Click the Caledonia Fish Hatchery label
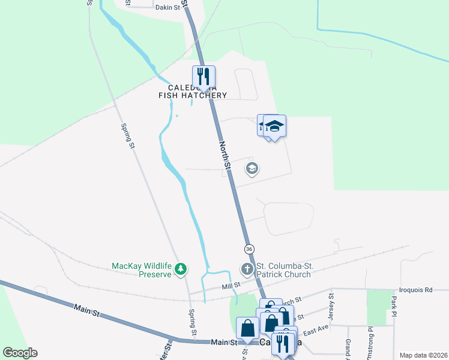193,91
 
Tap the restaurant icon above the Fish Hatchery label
203,76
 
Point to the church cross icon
247,269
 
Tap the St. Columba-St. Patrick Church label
283,270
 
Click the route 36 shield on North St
249,248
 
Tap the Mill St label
231,286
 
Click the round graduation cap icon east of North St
252,169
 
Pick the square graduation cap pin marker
274,126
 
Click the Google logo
20,353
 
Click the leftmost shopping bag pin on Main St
247,328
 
